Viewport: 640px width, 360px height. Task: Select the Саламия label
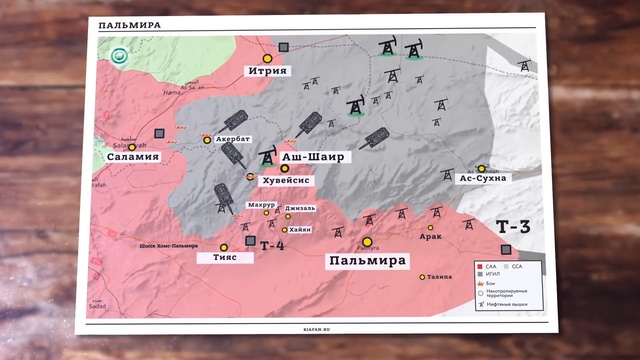(x=132, y=157)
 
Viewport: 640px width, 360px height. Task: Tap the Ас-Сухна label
(x=482, y=178)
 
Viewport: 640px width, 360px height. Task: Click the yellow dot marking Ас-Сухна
(x=482, y=168)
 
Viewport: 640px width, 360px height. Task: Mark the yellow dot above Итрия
(x=267, y=45)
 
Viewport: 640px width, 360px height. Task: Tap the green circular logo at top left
(x=122, y=58)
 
